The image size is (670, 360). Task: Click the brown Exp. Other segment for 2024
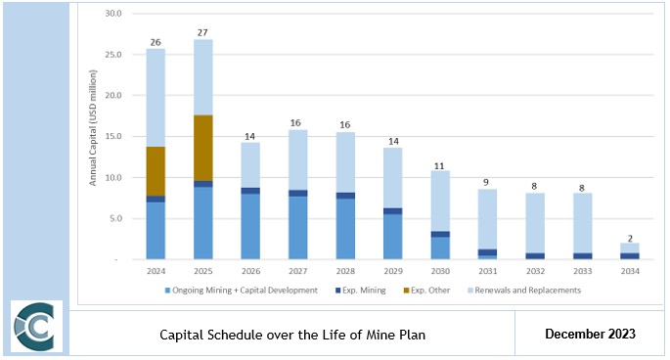point(156,171)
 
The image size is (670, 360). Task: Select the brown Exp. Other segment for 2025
point(202,148)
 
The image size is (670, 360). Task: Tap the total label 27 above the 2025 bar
point(202,32)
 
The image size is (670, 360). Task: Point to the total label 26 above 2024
point(156,41)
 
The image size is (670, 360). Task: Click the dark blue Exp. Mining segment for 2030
point(439,235)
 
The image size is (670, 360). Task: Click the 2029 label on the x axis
point(392,271)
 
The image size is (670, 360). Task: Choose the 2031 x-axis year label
point(487,271)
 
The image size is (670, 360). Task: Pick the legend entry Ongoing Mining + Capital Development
point(246,291)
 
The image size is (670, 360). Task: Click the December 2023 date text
point(590,335)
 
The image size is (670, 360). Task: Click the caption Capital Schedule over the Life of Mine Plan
point(292,335)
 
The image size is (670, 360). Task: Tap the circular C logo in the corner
point(36,326)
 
